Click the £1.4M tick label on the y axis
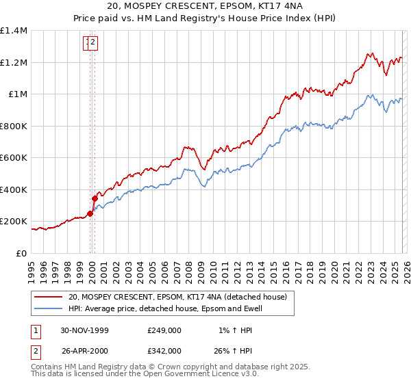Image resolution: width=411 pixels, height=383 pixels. click(x=14, y=31)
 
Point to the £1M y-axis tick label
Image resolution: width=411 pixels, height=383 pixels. click(x=18, y=94)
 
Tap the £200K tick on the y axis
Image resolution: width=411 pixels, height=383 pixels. click(x=14, y=222)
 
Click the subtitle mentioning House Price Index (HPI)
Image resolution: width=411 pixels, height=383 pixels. click(x=206, y=18)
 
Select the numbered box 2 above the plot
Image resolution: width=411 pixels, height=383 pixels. click(x=92, y=44)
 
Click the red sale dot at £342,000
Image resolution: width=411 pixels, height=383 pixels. click(x=95, y=199)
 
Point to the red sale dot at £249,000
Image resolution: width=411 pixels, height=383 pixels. click(x=90, y=213)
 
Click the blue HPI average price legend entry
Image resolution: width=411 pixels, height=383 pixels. click(x=164, y=309)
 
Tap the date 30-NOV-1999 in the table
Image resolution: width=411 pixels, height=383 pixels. click(x=85, y=330)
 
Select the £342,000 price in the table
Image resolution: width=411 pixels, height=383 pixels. click(x=164, y=351)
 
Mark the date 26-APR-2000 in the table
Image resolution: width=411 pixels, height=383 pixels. click(x=85, y=351)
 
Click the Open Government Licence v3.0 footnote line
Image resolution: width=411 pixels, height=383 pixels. click(x=145, y=375)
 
